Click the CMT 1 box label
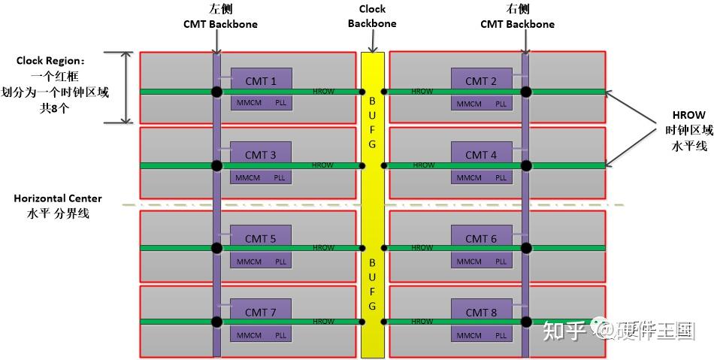(x=261, y=81)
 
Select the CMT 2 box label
(x=481, y=81)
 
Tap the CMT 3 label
(x=261, y=155)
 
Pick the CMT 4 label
(x=481, y=155)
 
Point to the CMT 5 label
(x=261, y=239)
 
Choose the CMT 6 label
(x=481, y=239)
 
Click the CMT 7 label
(x=261, y=313)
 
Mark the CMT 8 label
(x=481, y=313)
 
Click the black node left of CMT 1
(x=217, y=92)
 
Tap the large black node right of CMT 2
(x=526, y=92)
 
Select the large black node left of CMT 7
(x=217, y=322)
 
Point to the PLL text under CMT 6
(x=501, y=262)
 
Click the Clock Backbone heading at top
(x=372, y=16)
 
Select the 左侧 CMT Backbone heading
(x=220, y=17)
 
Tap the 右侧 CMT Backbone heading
(x=518, y=17)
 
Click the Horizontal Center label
(x=58, y=205)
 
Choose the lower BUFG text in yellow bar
(x=372, y=285)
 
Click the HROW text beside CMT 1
(x=323, y=92)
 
